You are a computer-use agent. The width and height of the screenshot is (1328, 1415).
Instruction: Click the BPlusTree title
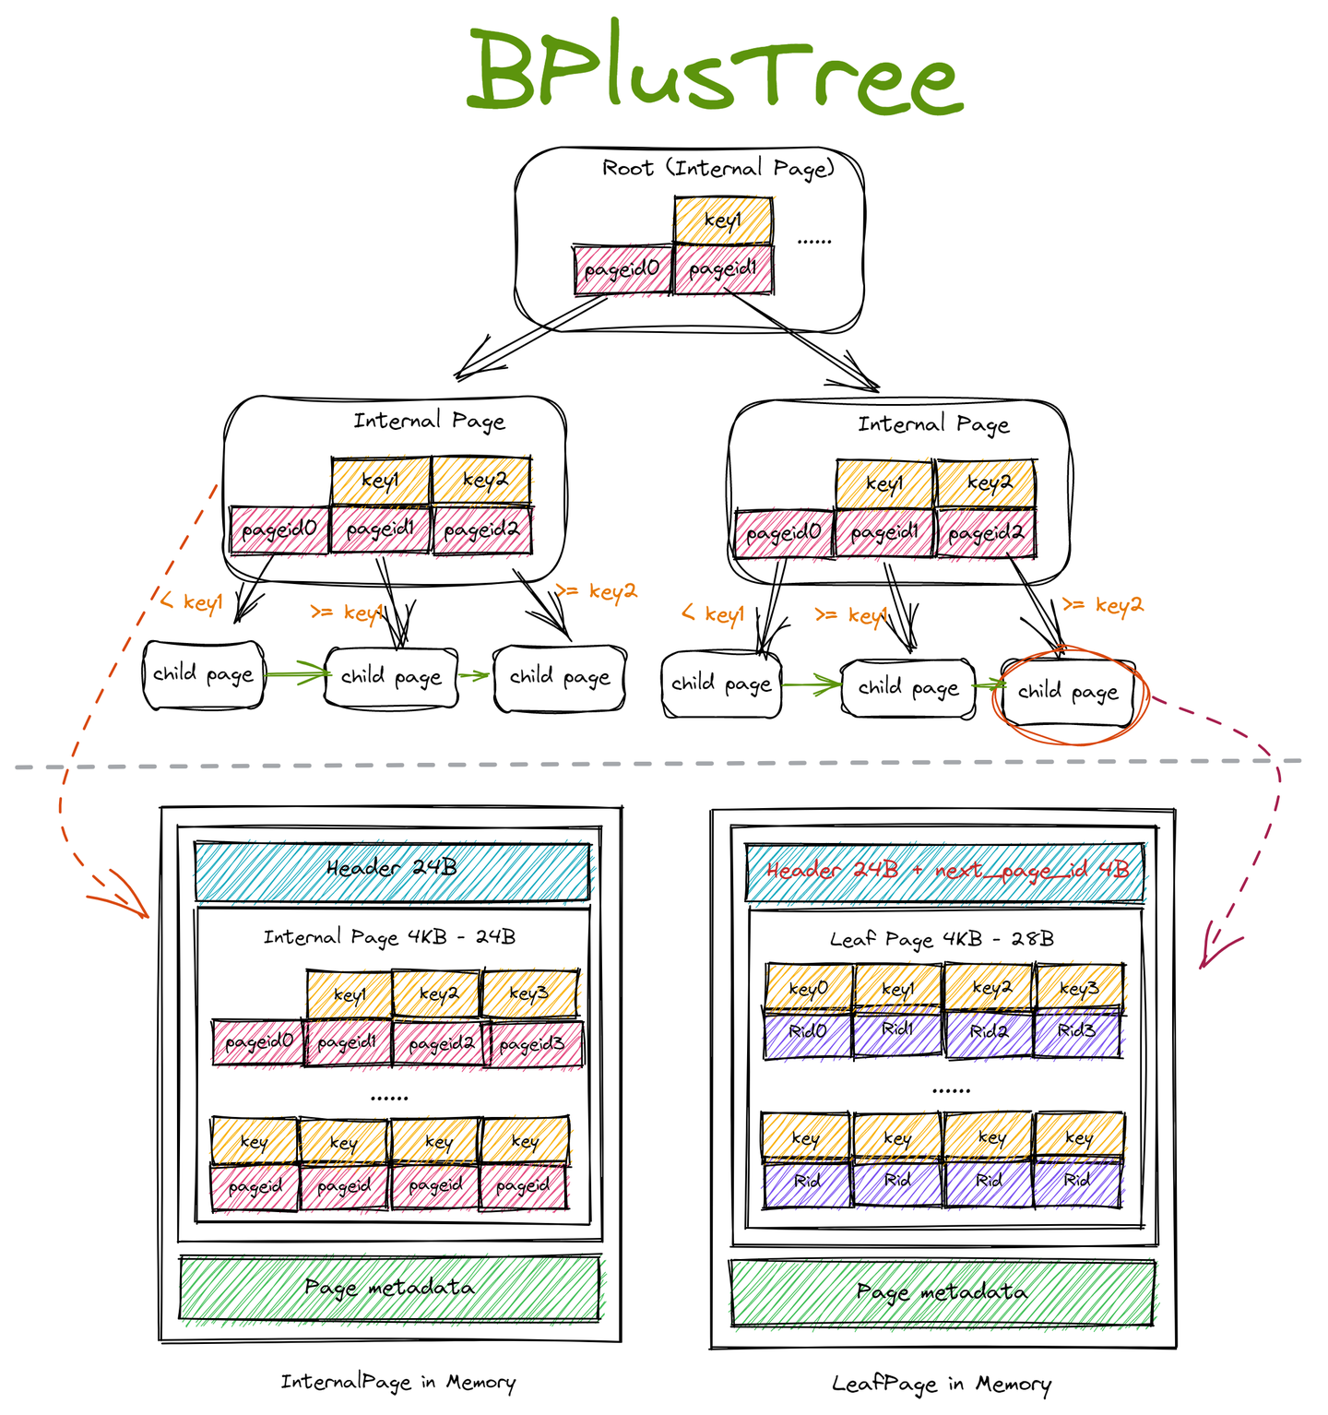click(x=715, y=72)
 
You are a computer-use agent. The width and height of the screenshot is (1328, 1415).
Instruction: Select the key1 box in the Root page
click(x=723, y=220)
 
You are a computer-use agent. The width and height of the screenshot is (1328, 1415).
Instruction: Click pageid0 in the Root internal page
click(x=622, y=269)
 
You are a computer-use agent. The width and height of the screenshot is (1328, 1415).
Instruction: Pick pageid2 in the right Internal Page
click(x=986, y=533)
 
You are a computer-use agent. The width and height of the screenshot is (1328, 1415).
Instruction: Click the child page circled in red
click(x=1068, y=692)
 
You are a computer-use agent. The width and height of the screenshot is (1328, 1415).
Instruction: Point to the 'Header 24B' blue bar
click(x=391, y=869)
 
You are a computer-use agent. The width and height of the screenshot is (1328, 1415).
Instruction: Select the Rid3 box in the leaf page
click(x=1076, y=1031)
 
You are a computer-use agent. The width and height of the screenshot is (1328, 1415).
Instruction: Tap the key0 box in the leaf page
click(x=809, y=988)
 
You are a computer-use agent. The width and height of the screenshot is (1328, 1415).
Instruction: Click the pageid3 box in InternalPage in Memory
click(x=532, y=1044)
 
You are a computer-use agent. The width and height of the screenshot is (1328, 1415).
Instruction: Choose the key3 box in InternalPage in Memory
click(x=529, y=993)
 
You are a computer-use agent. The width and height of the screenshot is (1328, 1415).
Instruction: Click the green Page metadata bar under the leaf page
click(x=942, y=1292)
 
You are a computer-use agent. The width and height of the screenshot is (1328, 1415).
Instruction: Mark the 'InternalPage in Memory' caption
click(x=398, y=1382)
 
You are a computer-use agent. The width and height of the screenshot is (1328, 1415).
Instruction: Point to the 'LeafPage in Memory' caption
click(x=942, y=1384)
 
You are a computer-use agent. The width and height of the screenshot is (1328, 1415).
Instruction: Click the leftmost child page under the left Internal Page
click(x=204, y=675)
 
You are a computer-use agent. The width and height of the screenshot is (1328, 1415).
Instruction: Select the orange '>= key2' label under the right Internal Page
click(x=1103, y=605)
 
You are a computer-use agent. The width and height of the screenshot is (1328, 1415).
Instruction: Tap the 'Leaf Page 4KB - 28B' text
click(x=942, y=939)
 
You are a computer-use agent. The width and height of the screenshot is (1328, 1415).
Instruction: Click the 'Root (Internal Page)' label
click(x=718, y=169)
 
